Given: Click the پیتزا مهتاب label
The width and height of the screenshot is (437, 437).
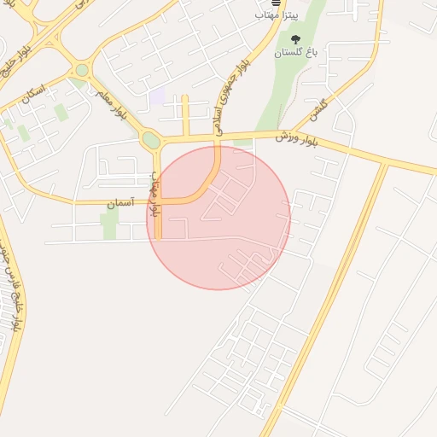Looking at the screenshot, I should tap(274, 15).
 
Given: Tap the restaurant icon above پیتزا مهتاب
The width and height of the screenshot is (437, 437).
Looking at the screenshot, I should tap(274, 3).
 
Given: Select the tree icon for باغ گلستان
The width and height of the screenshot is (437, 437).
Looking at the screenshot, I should tap(295, 39).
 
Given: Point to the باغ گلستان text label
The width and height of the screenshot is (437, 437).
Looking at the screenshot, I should tap(294, 53).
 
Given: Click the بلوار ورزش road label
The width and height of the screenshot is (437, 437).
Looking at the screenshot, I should tap(296, 139).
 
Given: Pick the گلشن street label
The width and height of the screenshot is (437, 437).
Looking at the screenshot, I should tap(319, 108).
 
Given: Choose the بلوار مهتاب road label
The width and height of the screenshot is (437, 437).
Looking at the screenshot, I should tap(156, 195).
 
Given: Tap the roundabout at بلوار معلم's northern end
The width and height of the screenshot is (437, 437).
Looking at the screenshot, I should tap(82, 70).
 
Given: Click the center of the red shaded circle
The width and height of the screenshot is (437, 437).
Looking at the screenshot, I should tap(218, 218).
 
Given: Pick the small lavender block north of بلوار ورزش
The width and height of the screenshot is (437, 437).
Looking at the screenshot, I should tap(157, 97).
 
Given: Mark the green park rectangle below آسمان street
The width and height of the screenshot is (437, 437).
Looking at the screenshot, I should tap(109, 224).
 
